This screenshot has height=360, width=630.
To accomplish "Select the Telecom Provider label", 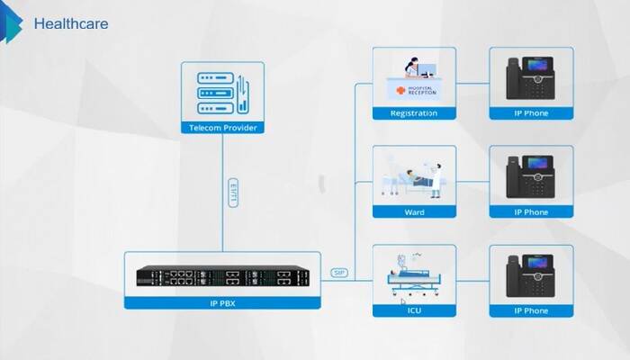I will pos(222,128).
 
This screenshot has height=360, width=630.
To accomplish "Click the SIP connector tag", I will pos(338,272).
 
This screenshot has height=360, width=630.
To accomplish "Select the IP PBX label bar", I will pos(221,303).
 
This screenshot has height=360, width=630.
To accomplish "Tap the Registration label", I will pos(414,113).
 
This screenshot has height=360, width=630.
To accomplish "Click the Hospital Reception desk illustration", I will pos(414,80).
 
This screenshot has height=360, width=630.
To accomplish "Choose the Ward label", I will pos(414,212).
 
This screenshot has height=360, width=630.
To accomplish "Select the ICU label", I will pos(414,311).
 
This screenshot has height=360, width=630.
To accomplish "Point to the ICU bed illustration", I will pos(414,274).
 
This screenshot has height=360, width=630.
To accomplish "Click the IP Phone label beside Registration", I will pos(531,113).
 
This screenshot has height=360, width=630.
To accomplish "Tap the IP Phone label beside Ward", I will pos(531,212).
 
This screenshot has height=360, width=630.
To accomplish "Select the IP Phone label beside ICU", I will pos(531,311).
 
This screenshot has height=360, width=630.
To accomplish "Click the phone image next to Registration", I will pos(531,78).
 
